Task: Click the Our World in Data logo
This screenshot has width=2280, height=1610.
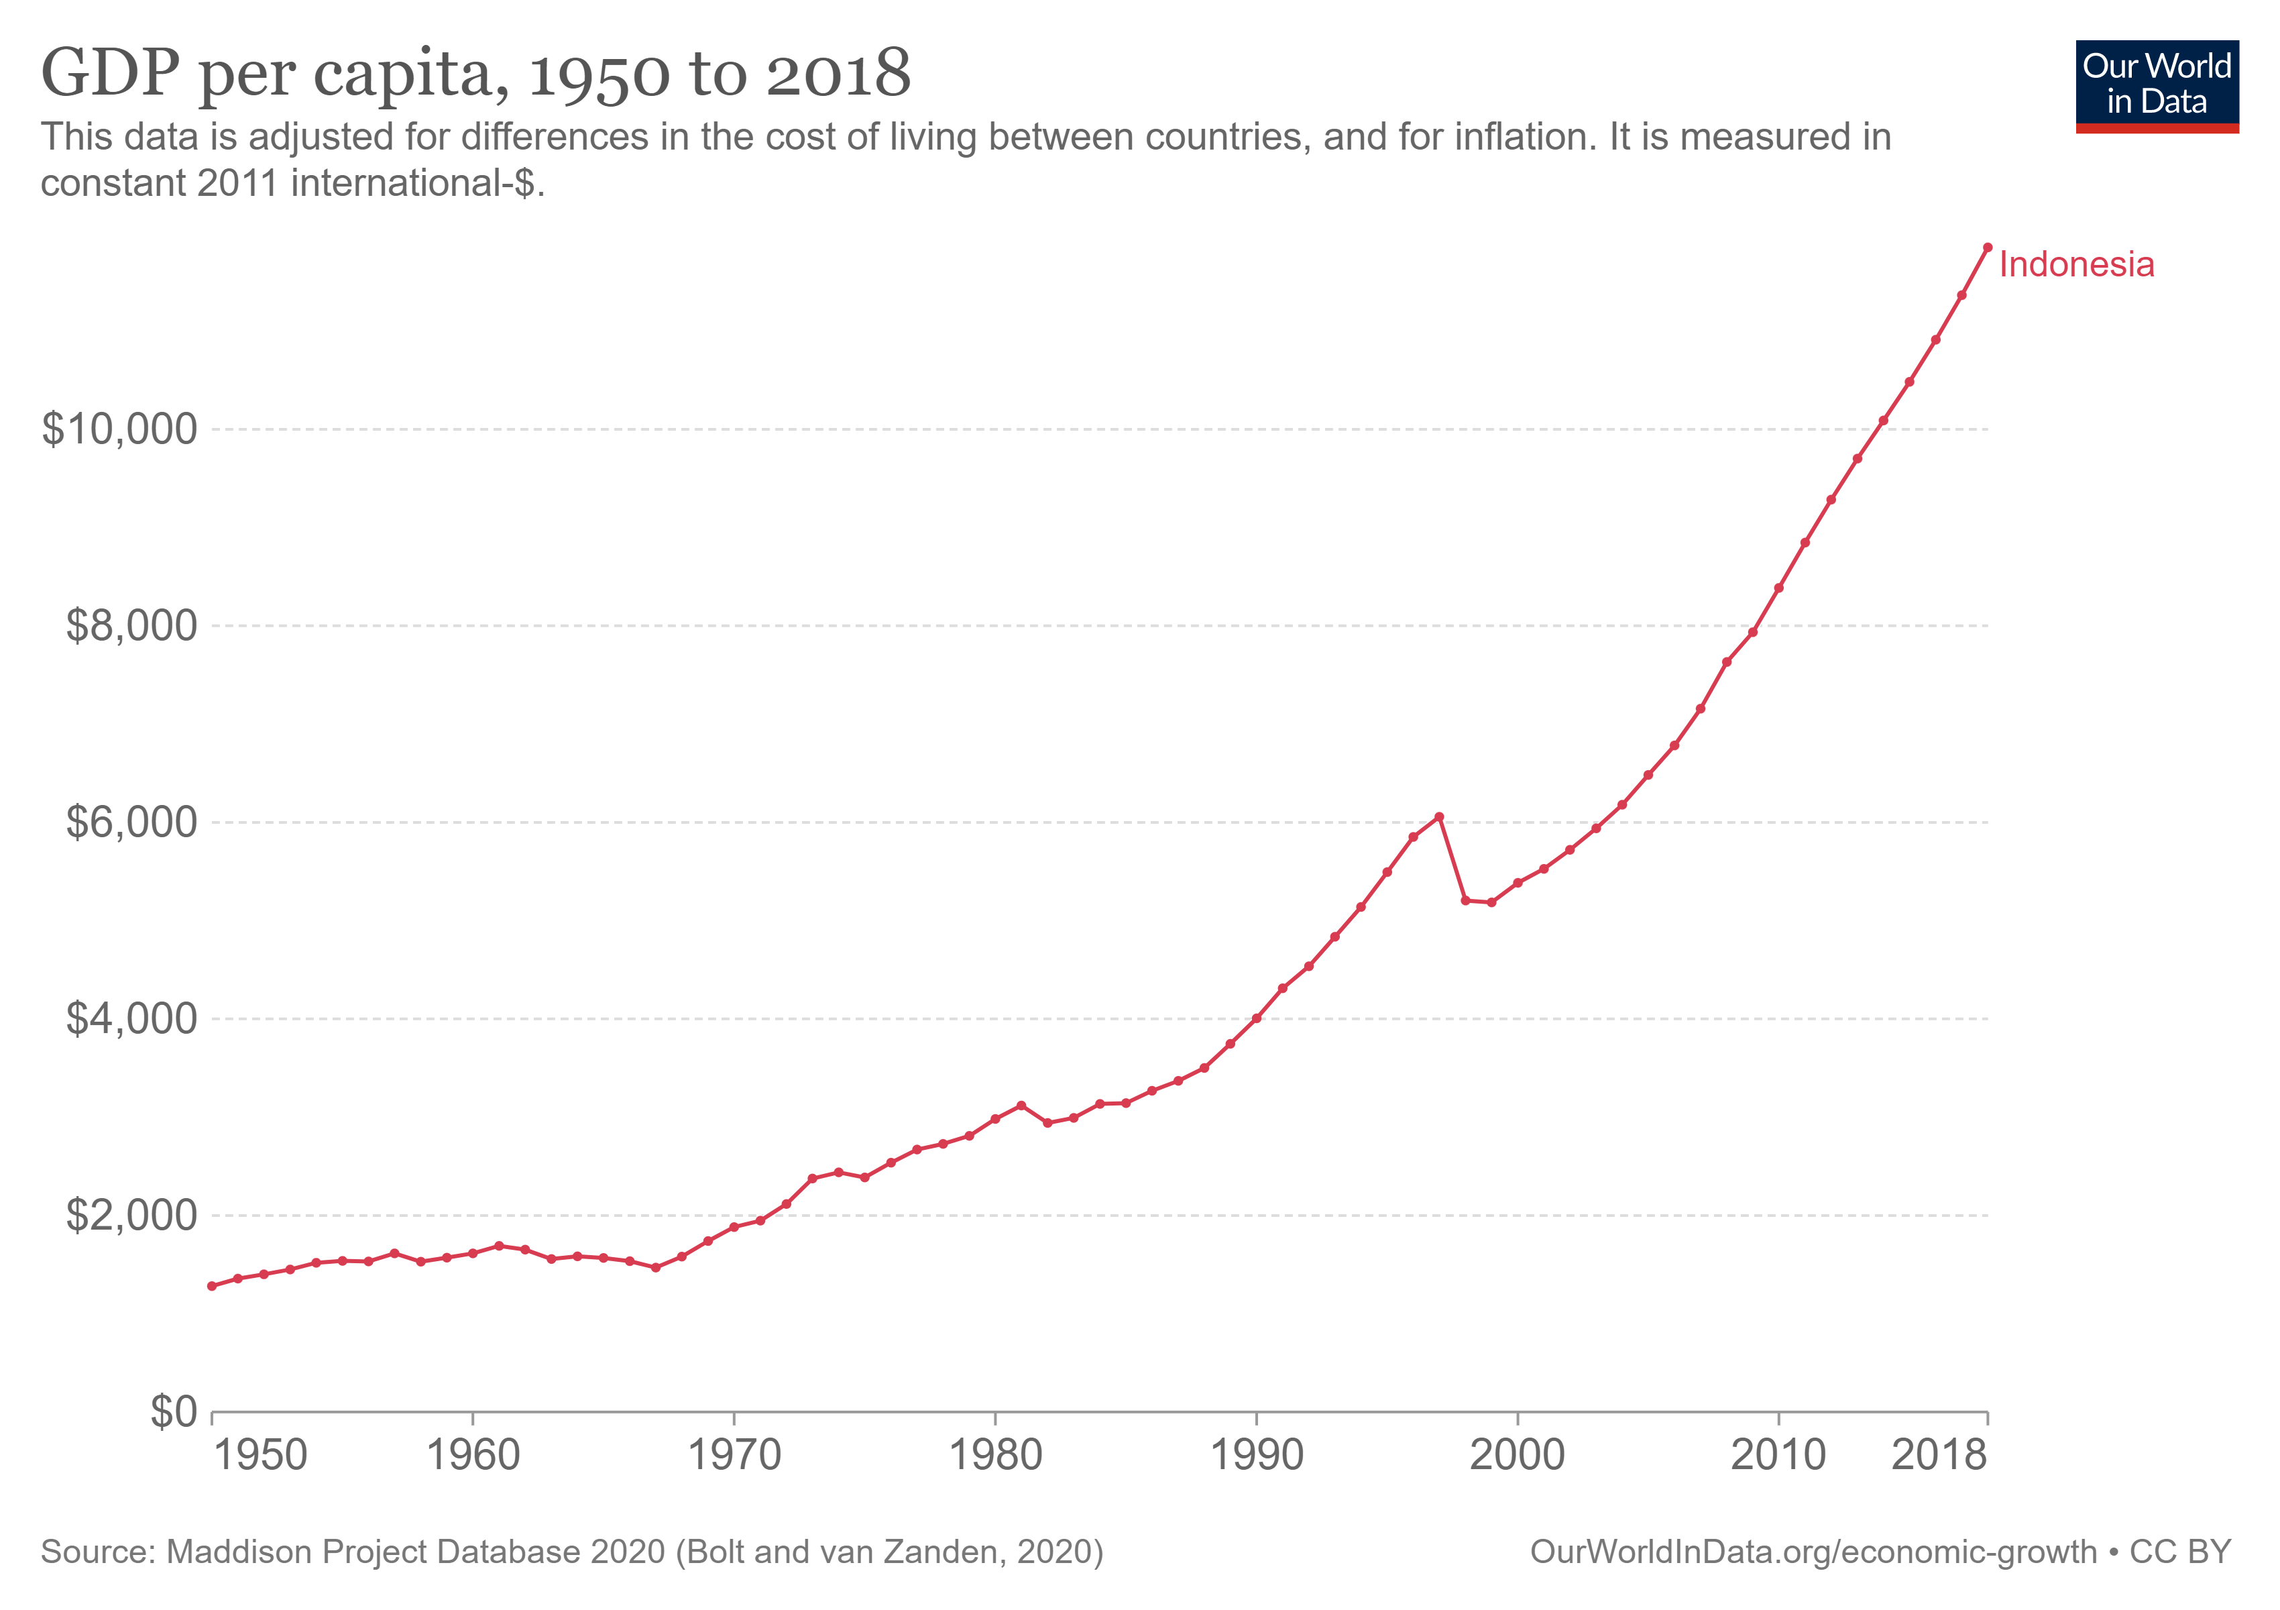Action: (x=2157, y=85)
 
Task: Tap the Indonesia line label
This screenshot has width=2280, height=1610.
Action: (x=2076, y=264)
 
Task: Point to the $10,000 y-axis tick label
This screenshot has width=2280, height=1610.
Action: (x=119, y=429)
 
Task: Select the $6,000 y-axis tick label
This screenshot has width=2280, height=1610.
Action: (x=131, y=822)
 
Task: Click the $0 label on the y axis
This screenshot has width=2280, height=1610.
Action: (x=174, y=1411)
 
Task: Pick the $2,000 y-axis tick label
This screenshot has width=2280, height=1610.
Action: (x=131, y=1215)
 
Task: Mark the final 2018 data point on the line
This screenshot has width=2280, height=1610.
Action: (x=1987, y=248)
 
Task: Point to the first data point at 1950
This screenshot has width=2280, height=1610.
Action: (x=211, y=1286)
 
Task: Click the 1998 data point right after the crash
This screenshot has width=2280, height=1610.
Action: (x=1466, y=900)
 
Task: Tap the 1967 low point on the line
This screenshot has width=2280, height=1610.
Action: (x=655, y=1267)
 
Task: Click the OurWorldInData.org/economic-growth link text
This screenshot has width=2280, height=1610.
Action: (x=1813, y=1552)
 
